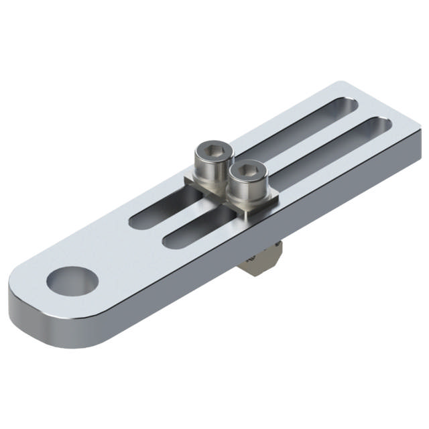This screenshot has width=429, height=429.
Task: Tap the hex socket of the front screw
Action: click(246, 170)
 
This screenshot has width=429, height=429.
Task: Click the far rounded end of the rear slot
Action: click(352, 105)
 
